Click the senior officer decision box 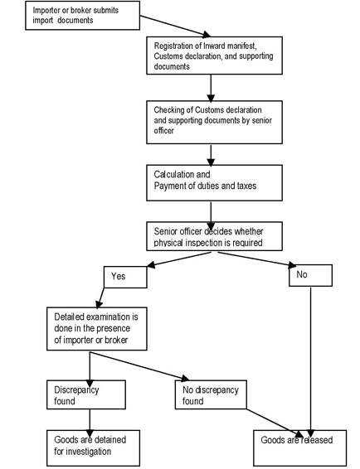pyautogui.click(x=213, y=236)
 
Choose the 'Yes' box pyautogui.click(x=125, y=276)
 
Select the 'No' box pyautogui.click(x=310, y=276)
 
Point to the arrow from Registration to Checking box pyautogui.click(x=213, y=86)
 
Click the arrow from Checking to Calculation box pyautogui.click(x=213, y=154)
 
